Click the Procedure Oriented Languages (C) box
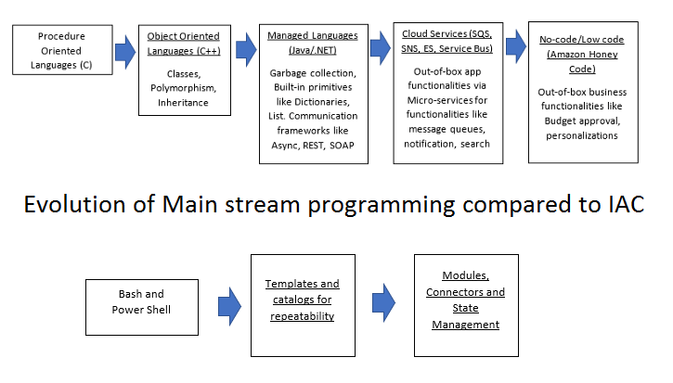click(63, 50)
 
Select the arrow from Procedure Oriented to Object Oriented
click(125, 52)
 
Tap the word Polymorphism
click(183, 88)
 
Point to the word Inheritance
click(183, 103)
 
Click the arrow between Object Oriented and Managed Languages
click(246, 50)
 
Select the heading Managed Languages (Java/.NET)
click(313, 43)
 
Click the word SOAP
click(342, 146)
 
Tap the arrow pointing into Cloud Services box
click(381, 47)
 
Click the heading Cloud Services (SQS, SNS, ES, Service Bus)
click(447, 41)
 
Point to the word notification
click(428, 144)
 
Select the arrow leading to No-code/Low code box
click(516, 46)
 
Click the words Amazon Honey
click(583, 55)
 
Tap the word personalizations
click(582, 135)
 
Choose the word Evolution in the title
click(74, 204)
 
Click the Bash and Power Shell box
click(142, 307)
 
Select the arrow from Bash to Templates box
click(229, 307)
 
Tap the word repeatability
click(303, 316)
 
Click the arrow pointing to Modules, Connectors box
click(383, 303)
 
